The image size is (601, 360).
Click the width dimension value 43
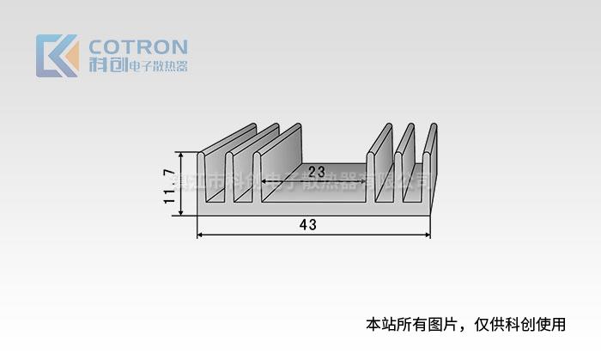pyautogui.click(x=308, y=225)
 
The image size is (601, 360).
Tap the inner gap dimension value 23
pyautogui.click(x=317, y=170)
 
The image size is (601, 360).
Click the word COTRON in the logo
pyautogui.click(x=138, y=46)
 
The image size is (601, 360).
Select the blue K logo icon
pyautogui.click(x=58, y=56)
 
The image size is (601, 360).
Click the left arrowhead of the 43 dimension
pyautogui.click(x=201, y=234)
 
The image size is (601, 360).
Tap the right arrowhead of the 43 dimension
pyautogui.click(x=427, y=234)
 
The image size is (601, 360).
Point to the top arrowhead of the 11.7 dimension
pyautogui.click(x=181, y=156)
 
